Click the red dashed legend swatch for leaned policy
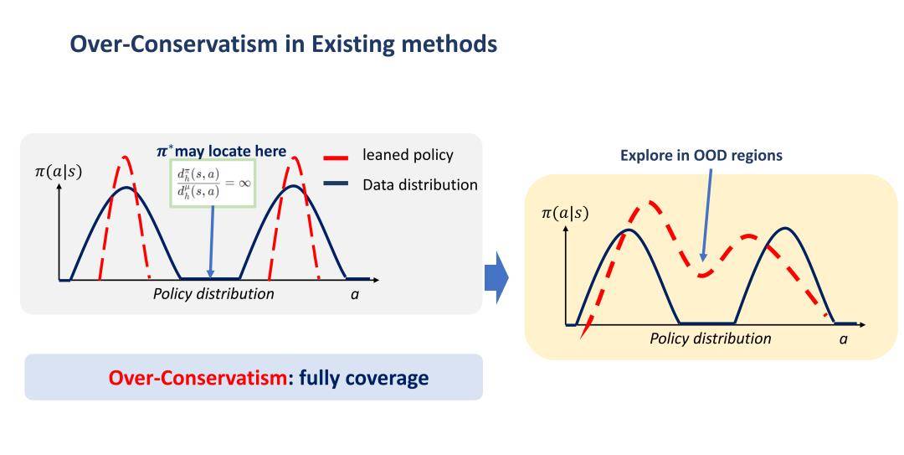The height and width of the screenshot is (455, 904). (x=336, y=157)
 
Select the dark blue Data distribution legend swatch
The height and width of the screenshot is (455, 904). (x=336, y=184)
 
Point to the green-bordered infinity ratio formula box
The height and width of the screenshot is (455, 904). (x=212, y=183)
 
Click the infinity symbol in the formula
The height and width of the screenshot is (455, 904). (x=244, y=183)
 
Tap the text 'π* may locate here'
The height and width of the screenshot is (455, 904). (x=221, y=152)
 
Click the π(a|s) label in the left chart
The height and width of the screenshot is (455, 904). (x=59, y=172)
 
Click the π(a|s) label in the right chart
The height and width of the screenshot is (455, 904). (x=564, y=213)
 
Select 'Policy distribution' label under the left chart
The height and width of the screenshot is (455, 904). (x=213, y=293)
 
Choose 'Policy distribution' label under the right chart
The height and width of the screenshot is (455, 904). (x=711, y=339)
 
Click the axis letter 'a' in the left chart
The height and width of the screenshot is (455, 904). (x=355, y=294)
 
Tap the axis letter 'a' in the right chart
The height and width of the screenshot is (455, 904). (x=844, y=339)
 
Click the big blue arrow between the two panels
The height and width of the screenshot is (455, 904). (x=496, y=278)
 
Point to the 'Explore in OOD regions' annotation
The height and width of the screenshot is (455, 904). (x=701, y=155)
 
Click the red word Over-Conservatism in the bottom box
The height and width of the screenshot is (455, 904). (x=198, y=378)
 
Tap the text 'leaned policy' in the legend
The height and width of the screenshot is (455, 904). (x=408, y=155)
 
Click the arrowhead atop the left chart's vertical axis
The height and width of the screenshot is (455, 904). (x=59, y=188)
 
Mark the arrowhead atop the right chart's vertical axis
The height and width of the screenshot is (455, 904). (x=566, y=230)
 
